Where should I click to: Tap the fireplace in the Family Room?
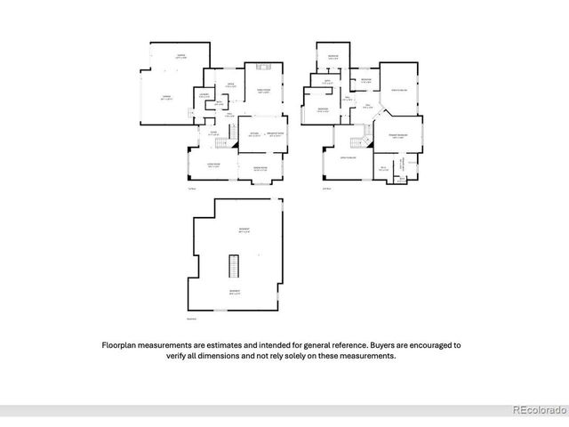click(x=264, y=66)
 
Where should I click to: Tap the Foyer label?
click(x=213, y=133)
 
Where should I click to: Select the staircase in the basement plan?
click(x=235, y=266)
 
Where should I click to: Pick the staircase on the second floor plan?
click(x=360, y=142)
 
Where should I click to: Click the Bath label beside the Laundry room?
click(x=220, y=103)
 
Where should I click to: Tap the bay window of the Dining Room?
click(x=261, y=182)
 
